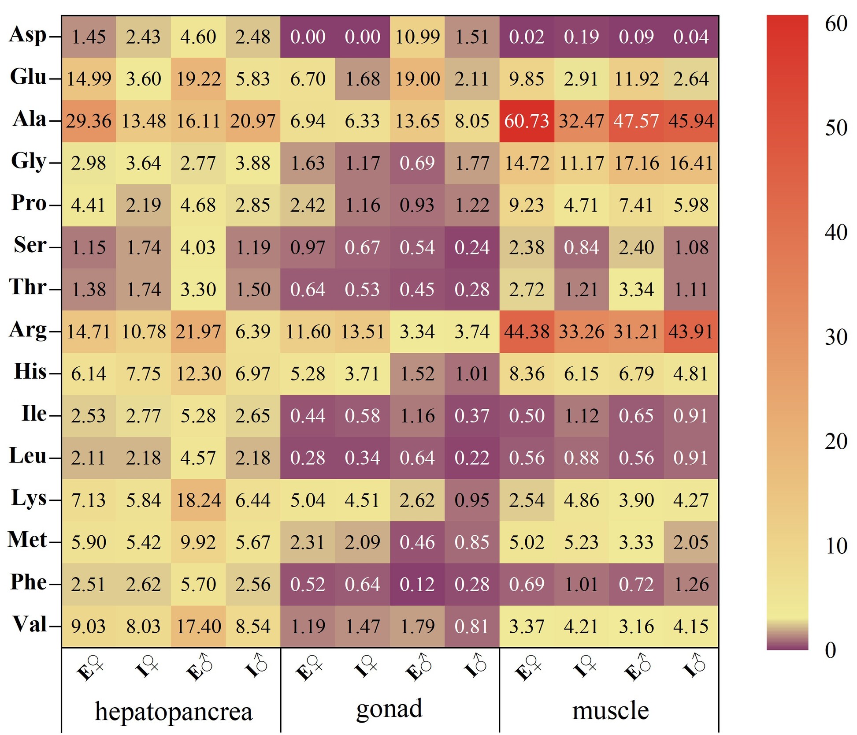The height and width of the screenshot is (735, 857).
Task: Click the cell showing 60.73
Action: pyautogui.click(x=527, y=121)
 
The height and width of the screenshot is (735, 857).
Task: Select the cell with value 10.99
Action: pyautogui.click(x=417, y=37)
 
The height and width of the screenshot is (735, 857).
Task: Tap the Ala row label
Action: pyautogui.click(x=30, y=119)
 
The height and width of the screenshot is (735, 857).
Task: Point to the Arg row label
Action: pyautogui.click(x=28, y=330)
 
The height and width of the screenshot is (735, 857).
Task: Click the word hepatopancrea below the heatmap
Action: pyautogui.click(x=174, y=711)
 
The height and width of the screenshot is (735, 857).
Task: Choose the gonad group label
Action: pyautogui.click(x=389, y=709)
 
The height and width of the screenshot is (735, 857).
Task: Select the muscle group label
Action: pyautogui.click(x=610, y=710)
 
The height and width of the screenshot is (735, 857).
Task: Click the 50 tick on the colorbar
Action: pyautogui.click(x=836, y=128)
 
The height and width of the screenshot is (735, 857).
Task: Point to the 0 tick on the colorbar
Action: pyautogui.click(x=831, y=650)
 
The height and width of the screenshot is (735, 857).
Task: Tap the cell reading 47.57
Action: pyautogui.click(x=636, y=121)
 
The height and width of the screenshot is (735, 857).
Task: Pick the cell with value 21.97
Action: pyautogui.click(x=198, y=332)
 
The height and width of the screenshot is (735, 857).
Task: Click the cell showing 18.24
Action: pyautogui.click(x=198, y=500)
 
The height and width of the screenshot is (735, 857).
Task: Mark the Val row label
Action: pyautogui.click(x=30, y=624)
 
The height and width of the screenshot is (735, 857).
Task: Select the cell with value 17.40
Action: pyautogui.click(x=198, y=626)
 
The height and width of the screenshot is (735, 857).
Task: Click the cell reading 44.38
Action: pyautogui.click(x=527, y=332)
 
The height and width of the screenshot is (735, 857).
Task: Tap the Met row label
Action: pyautogui.click(x=27, y=540)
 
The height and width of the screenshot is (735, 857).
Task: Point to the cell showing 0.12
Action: pyautogui.click(x=417, y=584)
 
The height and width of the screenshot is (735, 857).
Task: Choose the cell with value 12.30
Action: pyautogui.click(x=198, y=373)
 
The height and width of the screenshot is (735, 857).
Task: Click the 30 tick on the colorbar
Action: pyautogui.click(x=836, y=337)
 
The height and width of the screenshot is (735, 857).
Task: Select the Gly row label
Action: pyautogui.click(x=29, y=161)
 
